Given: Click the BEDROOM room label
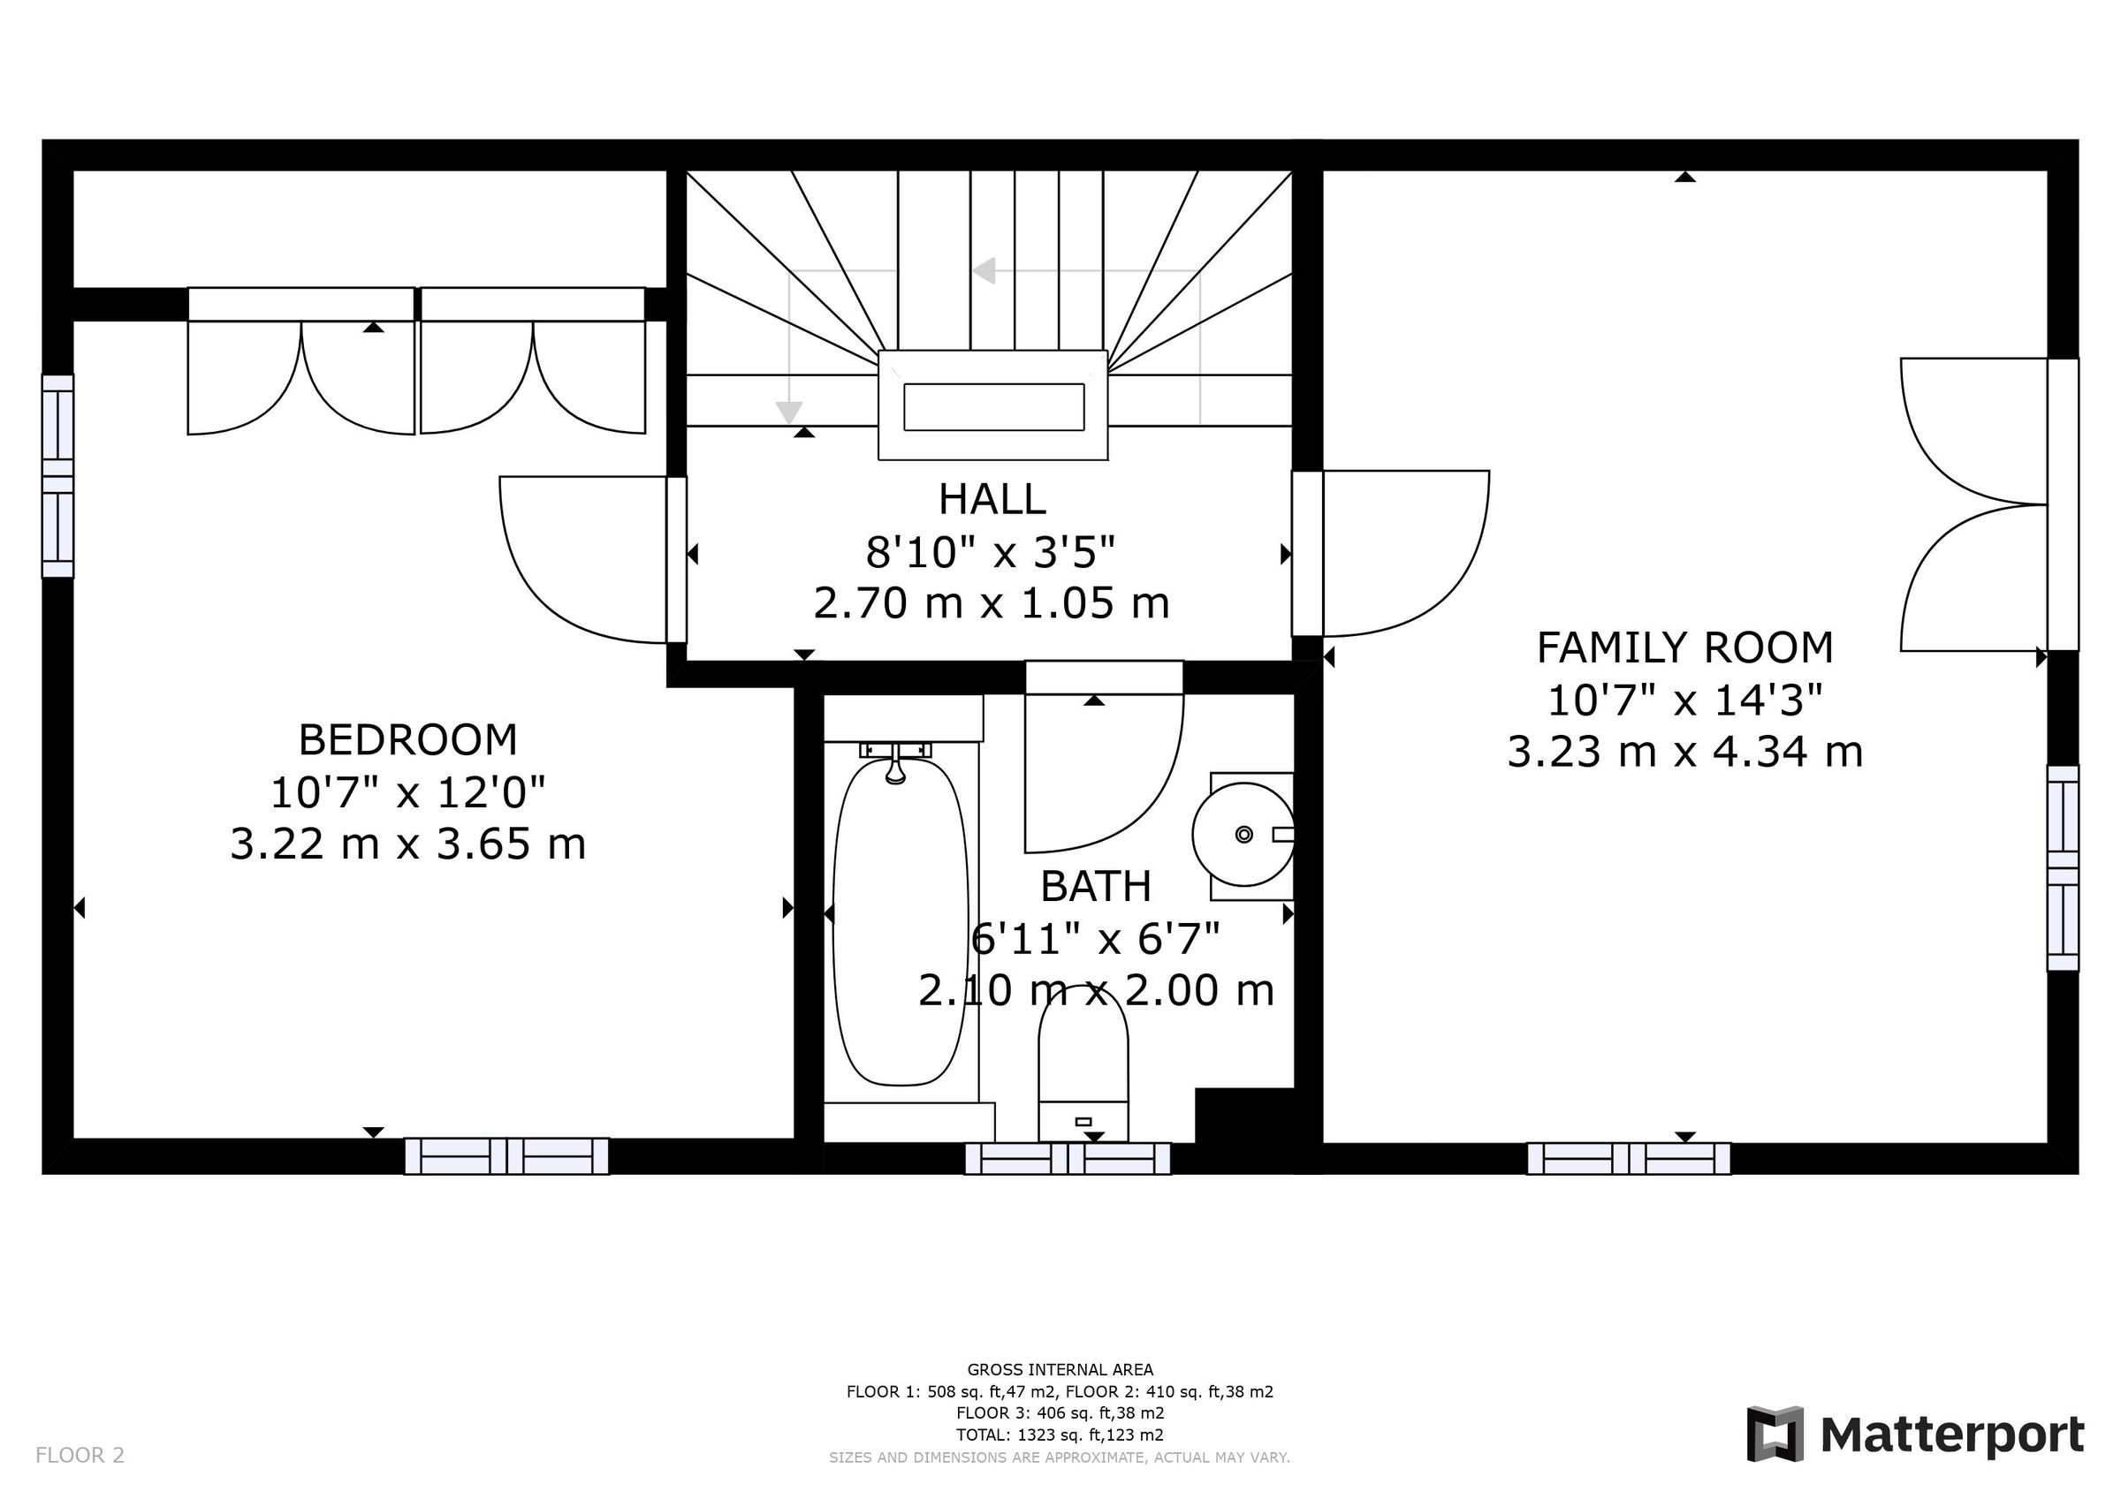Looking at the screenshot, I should pos(407,740).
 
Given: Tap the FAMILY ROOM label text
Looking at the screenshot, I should pos(1684,647).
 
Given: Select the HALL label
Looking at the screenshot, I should pos(992,500).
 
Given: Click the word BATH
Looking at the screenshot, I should pos(1096,887).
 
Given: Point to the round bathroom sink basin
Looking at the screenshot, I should pos(1243,835).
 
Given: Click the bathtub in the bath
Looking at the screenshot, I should pos(900,924).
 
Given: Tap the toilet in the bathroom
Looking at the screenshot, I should pos(1083,1062).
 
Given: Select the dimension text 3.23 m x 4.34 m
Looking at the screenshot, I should pos(1684,752).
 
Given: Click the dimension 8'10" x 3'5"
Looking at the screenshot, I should pos(991,552).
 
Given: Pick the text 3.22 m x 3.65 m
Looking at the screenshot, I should pos(407,844).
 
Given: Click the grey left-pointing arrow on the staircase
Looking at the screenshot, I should pos(984,270).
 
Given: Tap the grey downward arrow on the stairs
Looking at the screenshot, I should pos(788,411).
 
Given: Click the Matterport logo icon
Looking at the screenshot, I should pos(1775,1435).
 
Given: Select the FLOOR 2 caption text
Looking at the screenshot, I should pos(80,1456).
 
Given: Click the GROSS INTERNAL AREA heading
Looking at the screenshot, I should pos(1060,1370).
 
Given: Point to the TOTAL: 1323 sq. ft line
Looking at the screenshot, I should pos(1060,1435).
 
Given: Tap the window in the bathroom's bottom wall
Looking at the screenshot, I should pos(1067,1158).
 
